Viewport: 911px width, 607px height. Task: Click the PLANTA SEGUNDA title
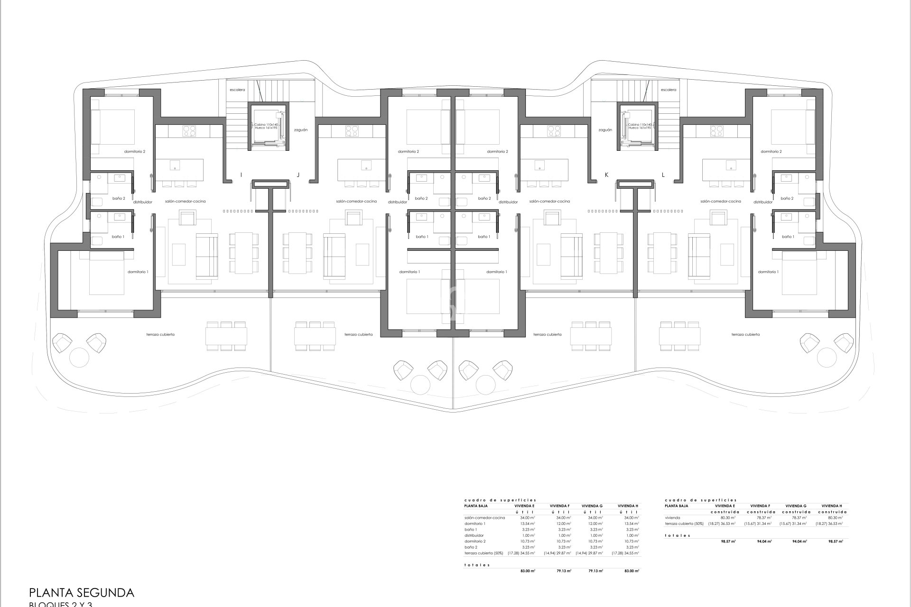pos(82,592)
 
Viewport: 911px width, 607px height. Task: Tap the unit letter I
pos(241,175)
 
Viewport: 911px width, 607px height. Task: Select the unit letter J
pos(298,175)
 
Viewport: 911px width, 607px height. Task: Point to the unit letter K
pos(606,175)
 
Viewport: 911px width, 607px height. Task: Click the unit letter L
pos(663,175)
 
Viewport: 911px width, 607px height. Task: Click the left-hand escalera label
pos(237,90)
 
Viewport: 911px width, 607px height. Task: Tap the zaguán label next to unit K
pos(605,129)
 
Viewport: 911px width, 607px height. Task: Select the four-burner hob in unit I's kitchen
pos(189,130)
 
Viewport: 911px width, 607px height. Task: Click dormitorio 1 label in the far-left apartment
pos(138,272)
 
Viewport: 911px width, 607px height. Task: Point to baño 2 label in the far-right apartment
pos(787,199)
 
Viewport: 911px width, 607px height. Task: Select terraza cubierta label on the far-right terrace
pos(745,334)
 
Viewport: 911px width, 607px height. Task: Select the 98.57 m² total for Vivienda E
pos(729,541)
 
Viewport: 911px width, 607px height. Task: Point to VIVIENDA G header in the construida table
pos(796,506)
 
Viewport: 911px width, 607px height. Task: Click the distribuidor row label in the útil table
pos(474,535)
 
